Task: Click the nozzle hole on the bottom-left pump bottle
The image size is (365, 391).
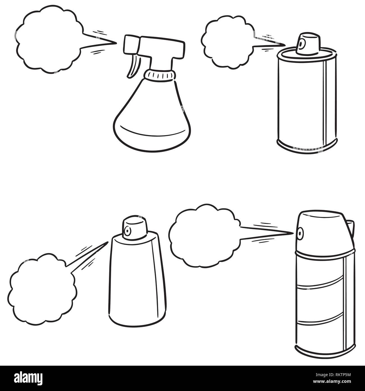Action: (128, 231)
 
